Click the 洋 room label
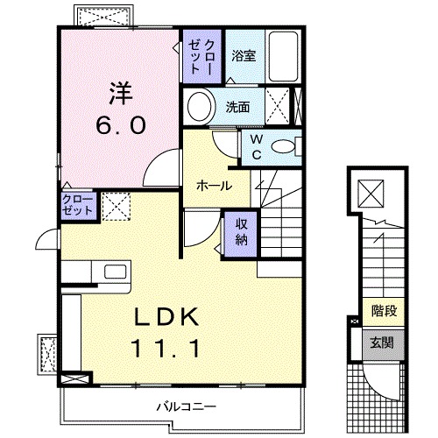tap(120, 92)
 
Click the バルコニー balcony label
tap(186, 406)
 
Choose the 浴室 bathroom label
tap(243, 55)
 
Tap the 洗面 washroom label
tap(238, 108)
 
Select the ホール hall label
tap(214, 186)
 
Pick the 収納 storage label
tap(241, 230)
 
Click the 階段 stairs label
tap(382, 309)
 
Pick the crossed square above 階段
tap(370, 190)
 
